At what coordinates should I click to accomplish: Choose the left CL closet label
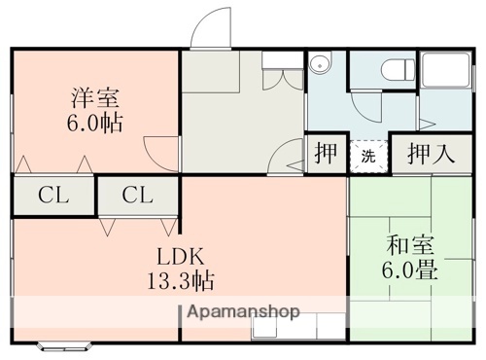[x=53, y=196]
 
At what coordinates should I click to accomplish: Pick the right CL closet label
[x=137, y=196]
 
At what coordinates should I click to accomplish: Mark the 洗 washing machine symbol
[x=368, y=156]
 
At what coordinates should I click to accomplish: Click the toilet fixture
[x=397, y=71]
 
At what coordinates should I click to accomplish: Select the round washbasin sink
[x=319, y=65]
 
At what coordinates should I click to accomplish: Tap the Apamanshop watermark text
[x=239, y=312]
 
